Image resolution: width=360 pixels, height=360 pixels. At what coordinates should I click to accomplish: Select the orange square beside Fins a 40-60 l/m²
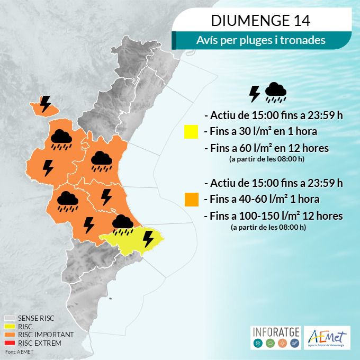pos(191,200)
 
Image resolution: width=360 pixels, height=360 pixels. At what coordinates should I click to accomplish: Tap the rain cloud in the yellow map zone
pos(123,224)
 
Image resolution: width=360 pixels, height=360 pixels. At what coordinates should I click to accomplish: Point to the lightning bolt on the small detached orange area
pos(46,103)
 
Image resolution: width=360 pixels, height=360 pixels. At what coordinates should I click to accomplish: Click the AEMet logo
pos(328,338)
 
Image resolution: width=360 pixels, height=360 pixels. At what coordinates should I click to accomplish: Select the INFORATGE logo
pos(275,338)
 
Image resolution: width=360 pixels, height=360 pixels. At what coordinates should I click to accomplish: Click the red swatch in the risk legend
pos(10,343)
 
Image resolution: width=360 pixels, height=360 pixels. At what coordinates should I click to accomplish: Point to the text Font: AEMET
pos(18,352)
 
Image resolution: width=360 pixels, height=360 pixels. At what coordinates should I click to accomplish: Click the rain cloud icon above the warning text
pos(275,92)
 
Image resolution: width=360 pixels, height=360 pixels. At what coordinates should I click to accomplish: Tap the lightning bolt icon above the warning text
pos(255,94)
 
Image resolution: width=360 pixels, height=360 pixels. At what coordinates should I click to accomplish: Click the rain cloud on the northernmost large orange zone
pos(61,138)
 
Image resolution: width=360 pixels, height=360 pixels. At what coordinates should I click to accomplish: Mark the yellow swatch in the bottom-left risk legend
pos(10,327)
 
